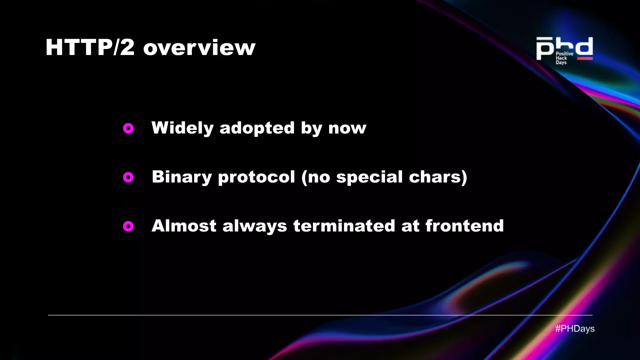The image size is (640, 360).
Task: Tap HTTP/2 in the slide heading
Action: tap(90, 47)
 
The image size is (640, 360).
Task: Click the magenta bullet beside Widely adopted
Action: tap(128, 128)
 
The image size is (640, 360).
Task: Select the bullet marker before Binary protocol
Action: tap(128, 177)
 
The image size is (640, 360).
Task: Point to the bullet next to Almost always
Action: tap(128, 226)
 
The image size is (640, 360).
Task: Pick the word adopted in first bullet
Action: tap(257, 128)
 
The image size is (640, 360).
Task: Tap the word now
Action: tap(347, 128)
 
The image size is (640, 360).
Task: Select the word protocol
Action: tap(256, 177)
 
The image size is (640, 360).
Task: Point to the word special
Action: tap(369, 177)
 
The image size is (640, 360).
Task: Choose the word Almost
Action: tap(184, 226)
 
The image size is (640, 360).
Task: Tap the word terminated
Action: tap(344, 226)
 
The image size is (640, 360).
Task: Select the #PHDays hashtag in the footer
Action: tap(575, 329)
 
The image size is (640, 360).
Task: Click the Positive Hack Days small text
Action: tap(564, 58)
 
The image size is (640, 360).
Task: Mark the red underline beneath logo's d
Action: tap(585, 58)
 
